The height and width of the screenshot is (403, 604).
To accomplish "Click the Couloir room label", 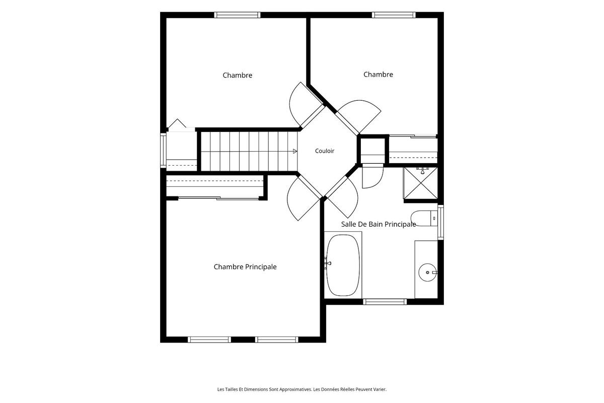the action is [325, 151].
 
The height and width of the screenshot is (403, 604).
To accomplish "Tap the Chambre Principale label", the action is [245, 266].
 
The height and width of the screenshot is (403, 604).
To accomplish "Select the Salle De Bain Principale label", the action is [379, 224].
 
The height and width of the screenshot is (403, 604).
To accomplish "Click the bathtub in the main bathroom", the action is [343, 265].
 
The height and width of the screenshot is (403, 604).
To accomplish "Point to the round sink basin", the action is [428, 273].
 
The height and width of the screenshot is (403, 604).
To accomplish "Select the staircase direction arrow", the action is [295, 152].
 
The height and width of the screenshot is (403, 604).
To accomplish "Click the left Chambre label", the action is [237, 75].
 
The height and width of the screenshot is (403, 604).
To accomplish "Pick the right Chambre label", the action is [378, 75].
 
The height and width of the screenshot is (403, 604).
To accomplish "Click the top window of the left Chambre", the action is [237, 15].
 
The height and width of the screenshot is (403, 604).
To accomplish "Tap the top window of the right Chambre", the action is [394, 15].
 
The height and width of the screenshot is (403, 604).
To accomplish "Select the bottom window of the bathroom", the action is [385, 302].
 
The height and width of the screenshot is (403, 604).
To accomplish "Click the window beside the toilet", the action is [440, 222].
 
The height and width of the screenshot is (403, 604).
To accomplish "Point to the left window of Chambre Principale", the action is [209, 340].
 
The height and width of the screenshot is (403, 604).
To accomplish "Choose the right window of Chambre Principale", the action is [277, 340].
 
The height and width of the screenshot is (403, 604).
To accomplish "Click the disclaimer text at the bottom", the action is [302, 389].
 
